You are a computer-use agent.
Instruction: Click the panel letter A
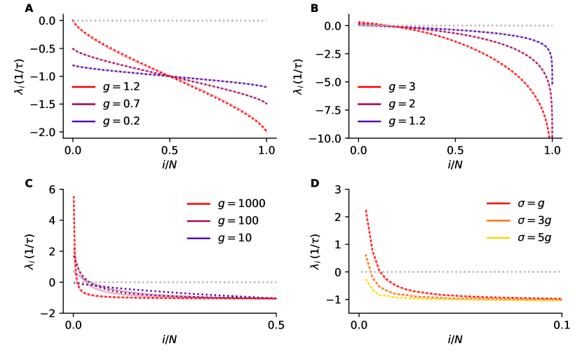(29, 8)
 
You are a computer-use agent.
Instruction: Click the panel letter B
(314, 8)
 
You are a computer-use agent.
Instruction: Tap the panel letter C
(29, 184)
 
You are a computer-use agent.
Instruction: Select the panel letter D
(314, 184)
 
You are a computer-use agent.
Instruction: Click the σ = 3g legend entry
(520, 221)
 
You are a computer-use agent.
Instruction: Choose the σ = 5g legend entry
(520, 238)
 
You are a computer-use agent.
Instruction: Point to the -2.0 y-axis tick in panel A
(47, 133)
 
